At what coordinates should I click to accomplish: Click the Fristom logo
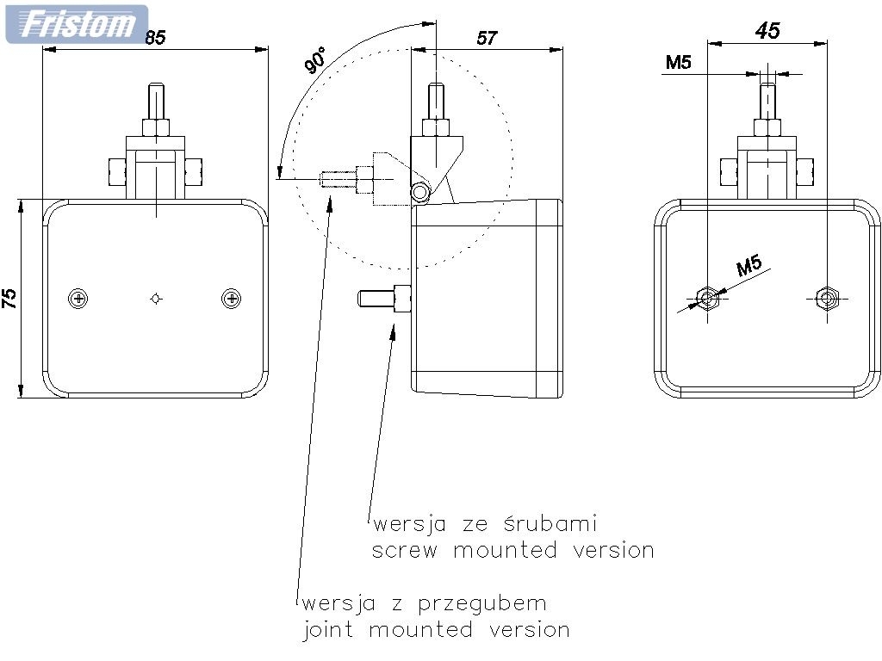click(77, 23)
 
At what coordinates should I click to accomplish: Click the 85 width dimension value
click(155, 37)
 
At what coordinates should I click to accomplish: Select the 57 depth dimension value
click(487, 37)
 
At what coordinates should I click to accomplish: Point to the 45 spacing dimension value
click(767, 31)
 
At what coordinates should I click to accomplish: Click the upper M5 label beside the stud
click(680, 62)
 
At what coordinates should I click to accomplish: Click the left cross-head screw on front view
click(79, 299)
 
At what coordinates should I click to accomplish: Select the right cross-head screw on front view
click(231, 299)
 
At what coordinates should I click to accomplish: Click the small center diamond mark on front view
click(155, 299)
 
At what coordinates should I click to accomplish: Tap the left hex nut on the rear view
click(707, 298)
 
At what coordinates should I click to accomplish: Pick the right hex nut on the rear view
click(828, 298)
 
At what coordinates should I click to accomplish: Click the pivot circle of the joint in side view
click(420, 193)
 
